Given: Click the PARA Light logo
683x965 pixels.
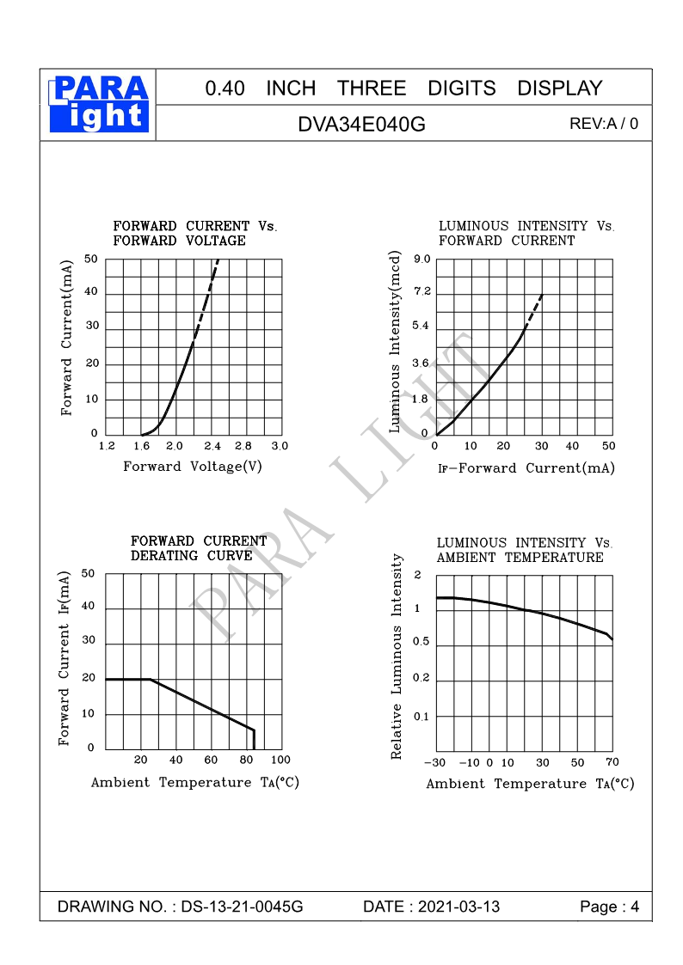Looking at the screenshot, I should pos(100,103).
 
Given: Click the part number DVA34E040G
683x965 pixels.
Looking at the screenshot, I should pos(361,124).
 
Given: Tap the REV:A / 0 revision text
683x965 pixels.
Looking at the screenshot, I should pos(604,123).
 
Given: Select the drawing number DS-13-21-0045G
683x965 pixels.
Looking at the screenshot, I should pos(243,907).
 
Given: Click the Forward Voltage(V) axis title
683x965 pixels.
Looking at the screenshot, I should pos(193,467).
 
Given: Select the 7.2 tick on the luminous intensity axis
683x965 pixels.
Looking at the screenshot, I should pos(421,293).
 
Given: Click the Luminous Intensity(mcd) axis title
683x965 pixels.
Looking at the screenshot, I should pos(396,342).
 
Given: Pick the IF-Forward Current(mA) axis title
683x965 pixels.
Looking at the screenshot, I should pos(526,468).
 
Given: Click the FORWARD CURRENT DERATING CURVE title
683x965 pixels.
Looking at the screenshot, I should pos(199,548).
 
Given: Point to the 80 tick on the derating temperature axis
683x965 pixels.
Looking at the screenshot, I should pos(246,760).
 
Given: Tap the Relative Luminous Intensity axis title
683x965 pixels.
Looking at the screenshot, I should pos(397,657).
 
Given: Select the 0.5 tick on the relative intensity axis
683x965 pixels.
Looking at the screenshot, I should pos(421,643).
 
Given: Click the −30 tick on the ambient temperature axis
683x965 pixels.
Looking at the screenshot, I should pos(435,763).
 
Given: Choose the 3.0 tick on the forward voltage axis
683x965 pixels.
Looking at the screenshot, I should pos(280,446).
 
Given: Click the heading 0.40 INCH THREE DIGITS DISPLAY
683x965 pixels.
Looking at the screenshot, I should pos(403,88).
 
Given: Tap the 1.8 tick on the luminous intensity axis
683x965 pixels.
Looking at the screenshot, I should pos(421,399).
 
